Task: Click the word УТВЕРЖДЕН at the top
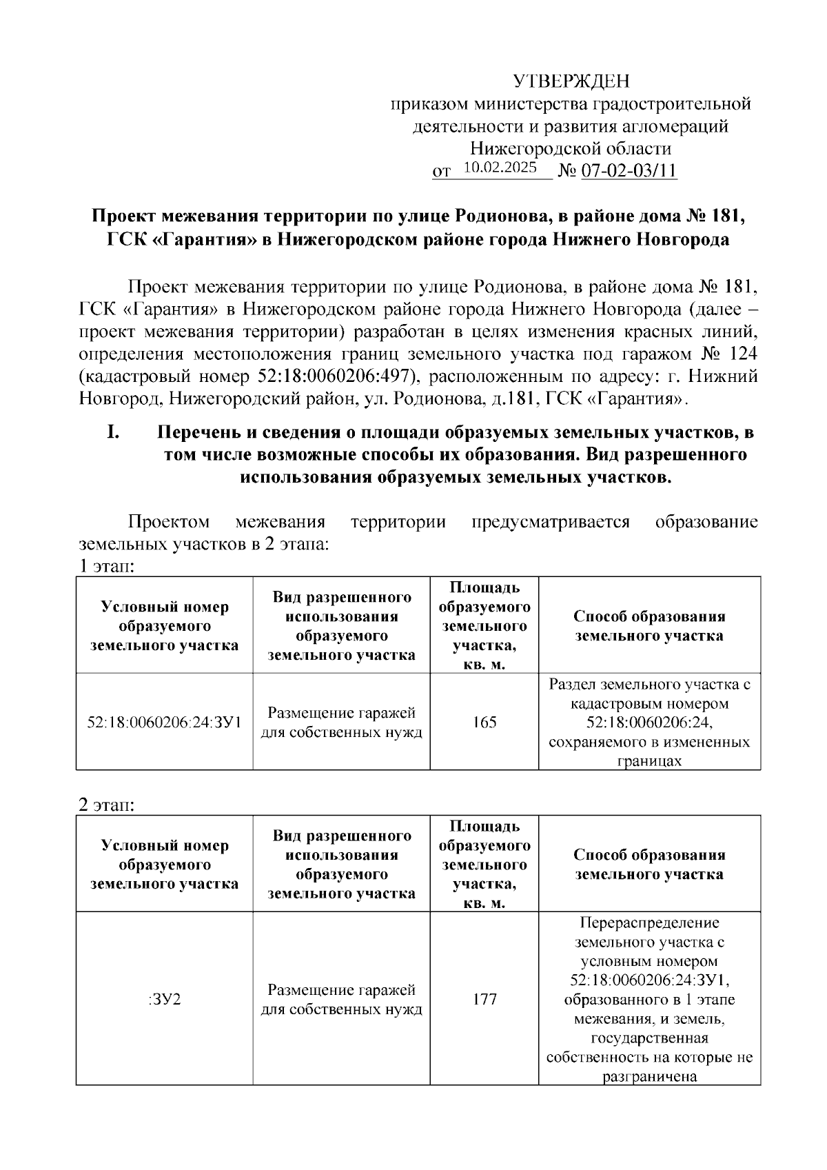pyautogui.click(x=571, y=82)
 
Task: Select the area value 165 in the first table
pyautogui.click(x=484, y=723)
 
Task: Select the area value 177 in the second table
pyautogui.click(x=484, y=999)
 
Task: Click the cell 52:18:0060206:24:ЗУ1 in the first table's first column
pyautogui.click(x=164, y=723)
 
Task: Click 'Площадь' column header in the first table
pyautogui.click(x=484, y=588)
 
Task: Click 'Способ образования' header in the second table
pyautogui.click(x=649, y=855)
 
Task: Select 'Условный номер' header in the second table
pyautogui.click(x=164, y=845)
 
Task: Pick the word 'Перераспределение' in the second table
pyautogui.click(x=649, y=922)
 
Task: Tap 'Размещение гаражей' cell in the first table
pyautogui.click(x=341, y=713)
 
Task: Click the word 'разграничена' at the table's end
pyautogui.click(x=649, y=1077)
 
